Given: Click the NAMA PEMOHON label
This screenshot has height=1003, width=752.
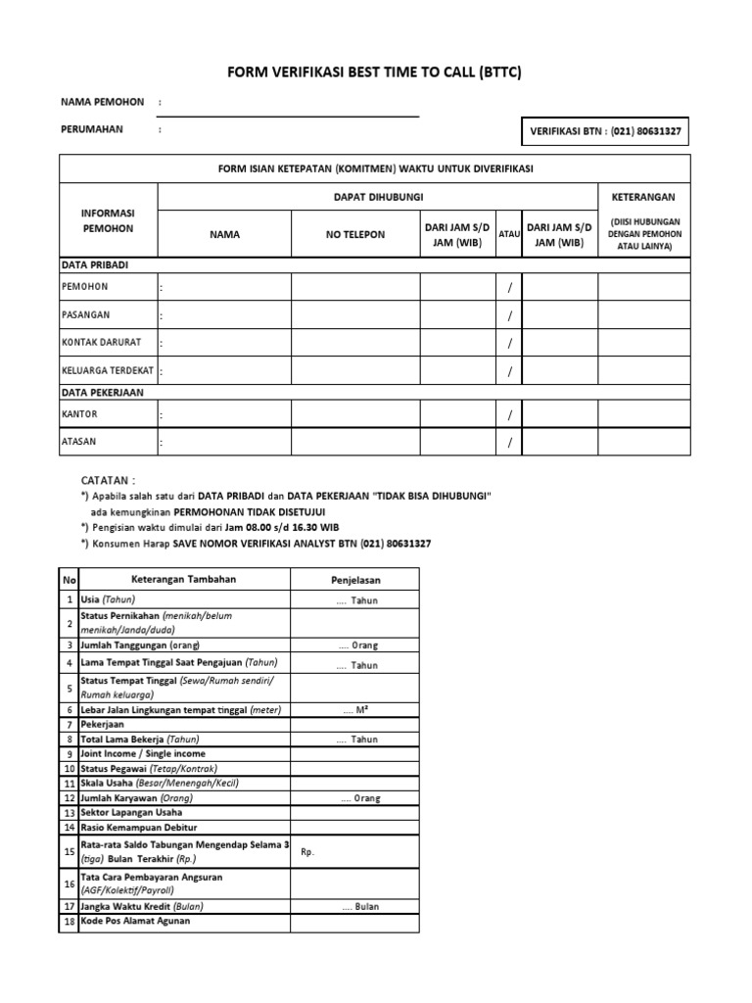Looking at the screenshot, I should coord(102,102).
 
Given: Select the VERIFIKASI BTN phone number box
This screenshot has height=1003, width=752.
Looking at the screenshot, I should coord(605,131).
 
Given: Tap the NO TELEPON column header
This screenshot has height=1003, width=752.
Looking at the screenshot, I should coord(355,235).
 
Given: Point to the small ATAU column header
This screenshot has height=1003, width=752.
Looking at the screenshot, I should coord(509,235).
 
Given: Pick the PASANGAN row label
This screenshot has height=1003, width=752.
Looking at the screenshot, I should coord(85,315).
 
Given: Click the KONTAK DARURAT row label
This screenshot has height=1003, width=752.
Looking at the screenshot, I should coord(101,343).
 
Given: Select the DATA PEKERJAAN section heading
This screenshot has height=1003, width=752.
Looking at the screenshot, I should coord(102,392).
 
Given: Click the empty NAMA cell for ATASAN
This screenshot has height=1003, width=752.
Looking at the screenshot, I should coord(224,443).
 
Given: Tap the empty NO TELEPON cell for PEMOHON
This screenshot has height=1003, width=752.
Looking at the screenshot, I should coord(355,286).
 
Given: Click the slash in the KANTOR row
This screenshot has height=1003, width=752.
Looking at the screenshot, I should coord(509,415).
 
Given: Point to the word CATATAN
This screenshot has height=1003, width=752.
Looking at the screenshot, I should coord(108,481).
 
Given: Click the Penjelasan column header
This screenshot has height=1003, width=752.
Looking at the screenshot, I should coord(354,580).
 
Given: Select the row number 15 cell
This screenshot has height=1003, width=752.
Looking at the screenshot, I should coord(70,852).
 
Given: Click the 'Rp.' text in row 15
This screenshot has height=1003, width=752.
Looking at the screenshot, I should coord(307,852).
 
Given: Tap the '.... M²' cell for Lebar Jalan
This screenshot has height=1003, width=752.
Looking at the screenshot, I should coord(354,709).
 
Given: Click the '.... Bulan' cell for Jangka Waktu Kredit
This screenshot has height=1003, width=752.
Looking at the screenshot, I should coord(354,907).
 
